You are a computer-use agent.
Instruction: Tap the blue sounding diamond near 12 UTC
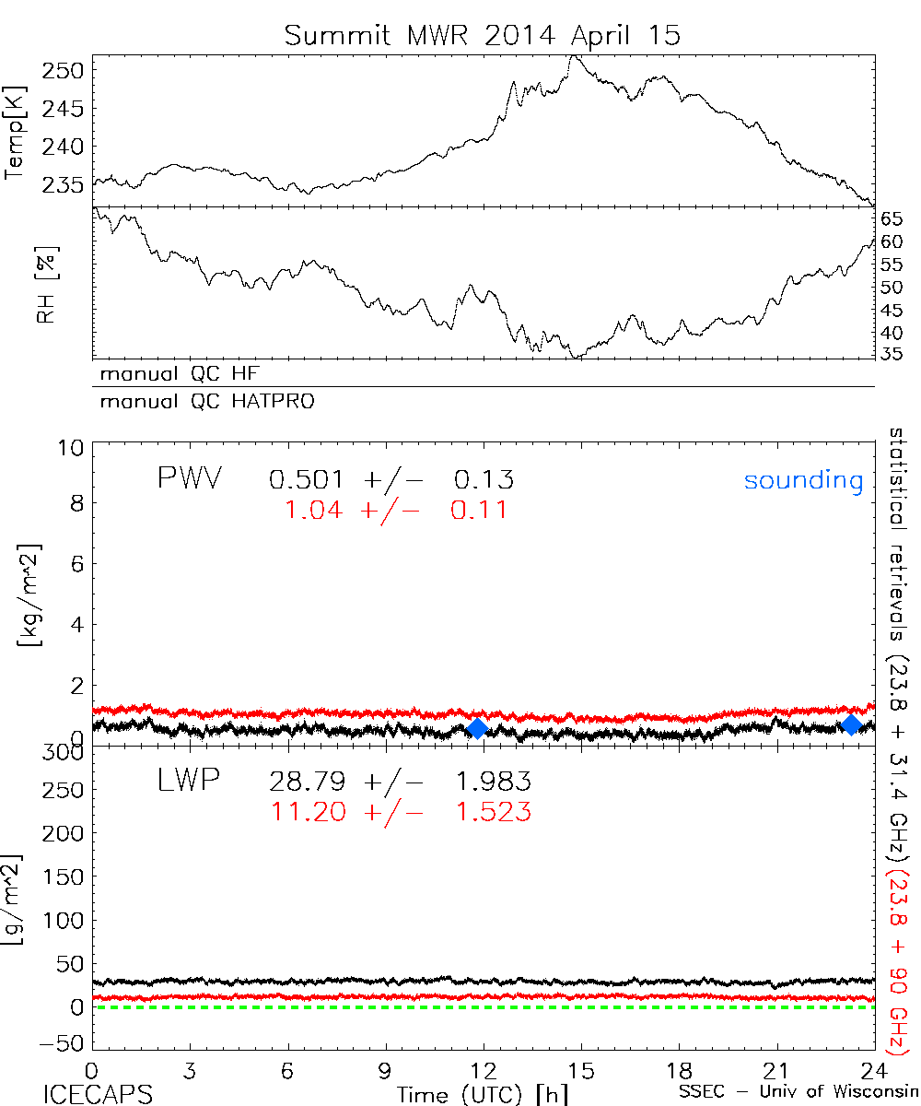(x=477, y=728)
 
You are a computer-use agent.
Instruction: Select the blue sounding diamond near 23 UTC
(x=852, y=724)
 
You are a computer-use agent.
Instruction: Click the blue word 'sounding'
(x=803, y=480)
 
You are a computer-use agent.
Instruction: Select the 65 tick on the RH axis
(x=892, y=219)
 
